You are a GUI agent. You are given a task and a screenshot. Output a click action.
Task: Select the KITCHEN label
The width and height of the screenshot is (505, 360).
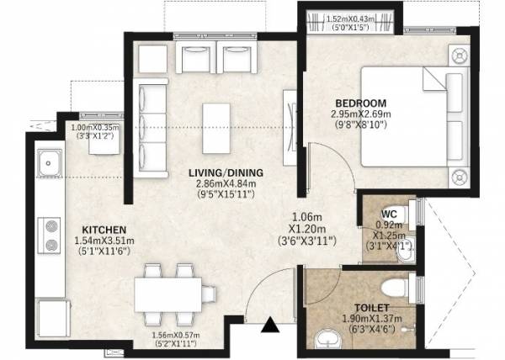tap(104, 230)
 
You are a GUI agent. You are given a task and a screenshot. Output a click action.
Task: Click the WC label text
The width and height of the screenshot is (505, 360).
tap(388, 214)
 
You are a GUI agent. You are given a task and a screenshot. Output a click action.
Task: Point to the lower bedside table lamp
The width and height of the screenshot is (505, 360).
tap(458, 176)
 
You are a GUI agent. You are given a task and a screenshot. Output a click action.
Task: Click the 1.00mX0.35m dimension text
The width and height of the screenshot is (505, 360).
tap(93, 130)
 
